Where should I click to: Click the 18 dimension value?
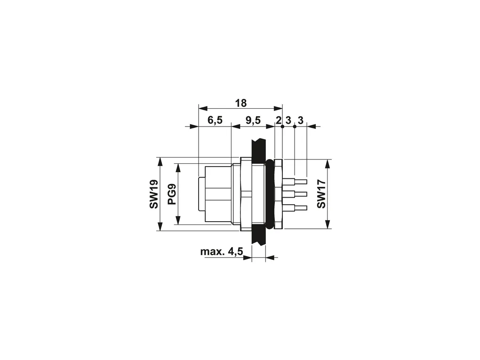(x=240, y=103)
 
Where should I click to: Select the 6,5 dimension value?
(x=215, y=120)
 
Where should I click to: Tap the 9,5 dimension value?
(x=253, y=120)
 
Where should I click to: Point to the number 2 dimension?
(x=278, y=120)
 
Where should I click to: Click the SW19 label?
(x=154, y=194)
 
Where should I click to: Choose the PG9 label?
(x=172, y=194)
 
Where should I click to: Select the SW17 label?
(x=321, y=194)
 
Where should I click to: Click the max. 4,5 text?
(x=222, y=252)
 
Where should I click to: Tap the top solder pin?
(x=295, y=181)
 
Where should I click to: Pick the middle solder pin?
(x=295, y=194)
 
